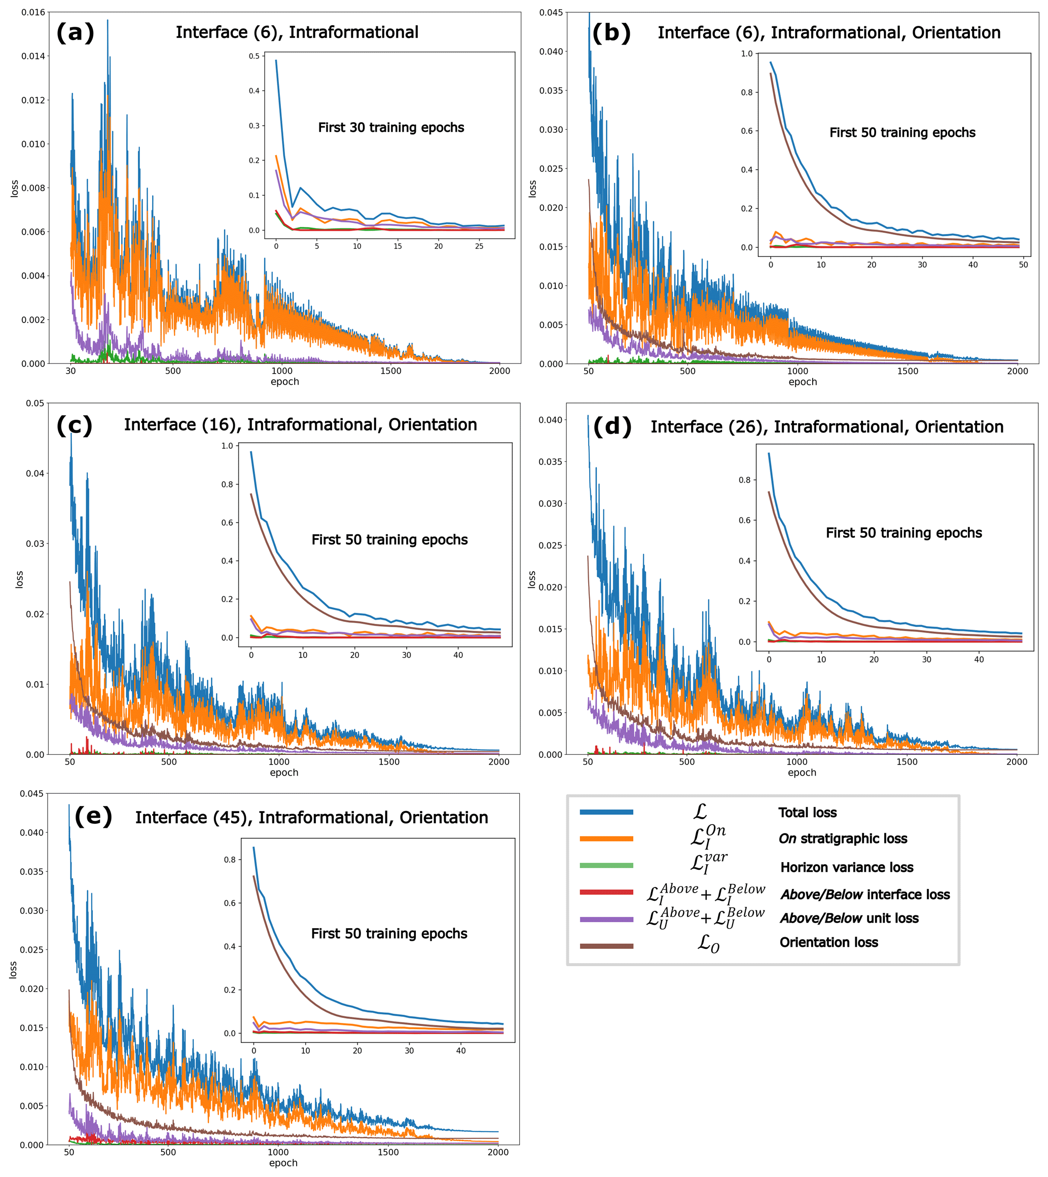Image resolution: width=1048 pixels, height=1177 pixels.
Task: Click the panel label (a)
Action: [x=75, y=33]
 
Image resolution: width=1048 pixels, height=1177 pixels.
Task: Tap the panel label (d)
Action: [x=612, y=427]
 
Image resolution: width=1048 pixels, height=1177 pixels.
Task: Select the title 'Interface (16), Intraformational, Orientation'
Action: [x=300, y=425]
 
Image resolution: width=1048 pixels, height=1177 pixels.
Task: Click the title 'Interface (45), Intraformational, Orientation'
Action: [x=311, y=818]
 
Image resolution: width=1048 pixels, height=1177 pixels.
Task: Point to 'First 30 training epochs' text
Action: [x=391, y=128]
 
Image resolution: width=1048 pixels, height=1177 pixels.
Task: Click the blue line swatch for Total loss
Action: [x=606, y=813]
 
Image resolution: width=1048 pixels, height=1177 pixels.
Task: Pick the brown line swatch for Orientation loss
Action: [x=606, y=946]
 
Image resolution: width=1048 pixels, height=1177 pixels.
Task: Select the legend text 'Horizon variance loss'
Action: [x=847, y=868]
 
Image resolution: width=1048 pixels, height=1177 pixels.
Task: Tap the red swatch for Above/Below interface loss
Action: [x=606, y=893]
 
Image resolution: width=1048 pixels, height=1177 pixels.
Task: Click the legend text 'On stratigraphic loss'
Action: [x=843, y=839]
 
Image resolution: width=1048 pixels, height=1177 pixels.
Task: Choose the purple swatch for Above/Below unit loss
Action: [x=606, y=919]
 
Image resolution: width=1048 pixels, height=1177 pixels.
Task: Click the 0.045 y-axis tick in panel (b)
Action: [x=551, y=13]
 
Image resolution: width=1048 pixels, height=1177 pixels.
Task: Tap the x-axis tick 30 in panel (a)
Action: [x=70, y=372]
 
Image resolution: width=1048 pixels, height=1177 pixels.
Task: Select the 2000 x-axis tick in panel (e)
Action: [x=498, y=1152]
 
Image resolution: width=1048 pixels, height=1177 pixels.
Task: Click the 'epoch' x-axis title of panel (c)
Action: [x=284, y=773]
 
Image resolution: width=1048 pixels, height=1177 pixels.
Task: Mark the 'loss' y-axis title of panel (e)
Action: [x=13, y=970]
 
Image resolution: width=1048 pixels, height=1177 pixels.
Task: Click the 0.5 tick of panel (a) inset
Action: [x=254, y=56]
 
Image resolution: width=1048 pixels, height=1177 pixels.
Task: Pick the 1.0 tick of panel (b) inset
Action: [x=746, y=54]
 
